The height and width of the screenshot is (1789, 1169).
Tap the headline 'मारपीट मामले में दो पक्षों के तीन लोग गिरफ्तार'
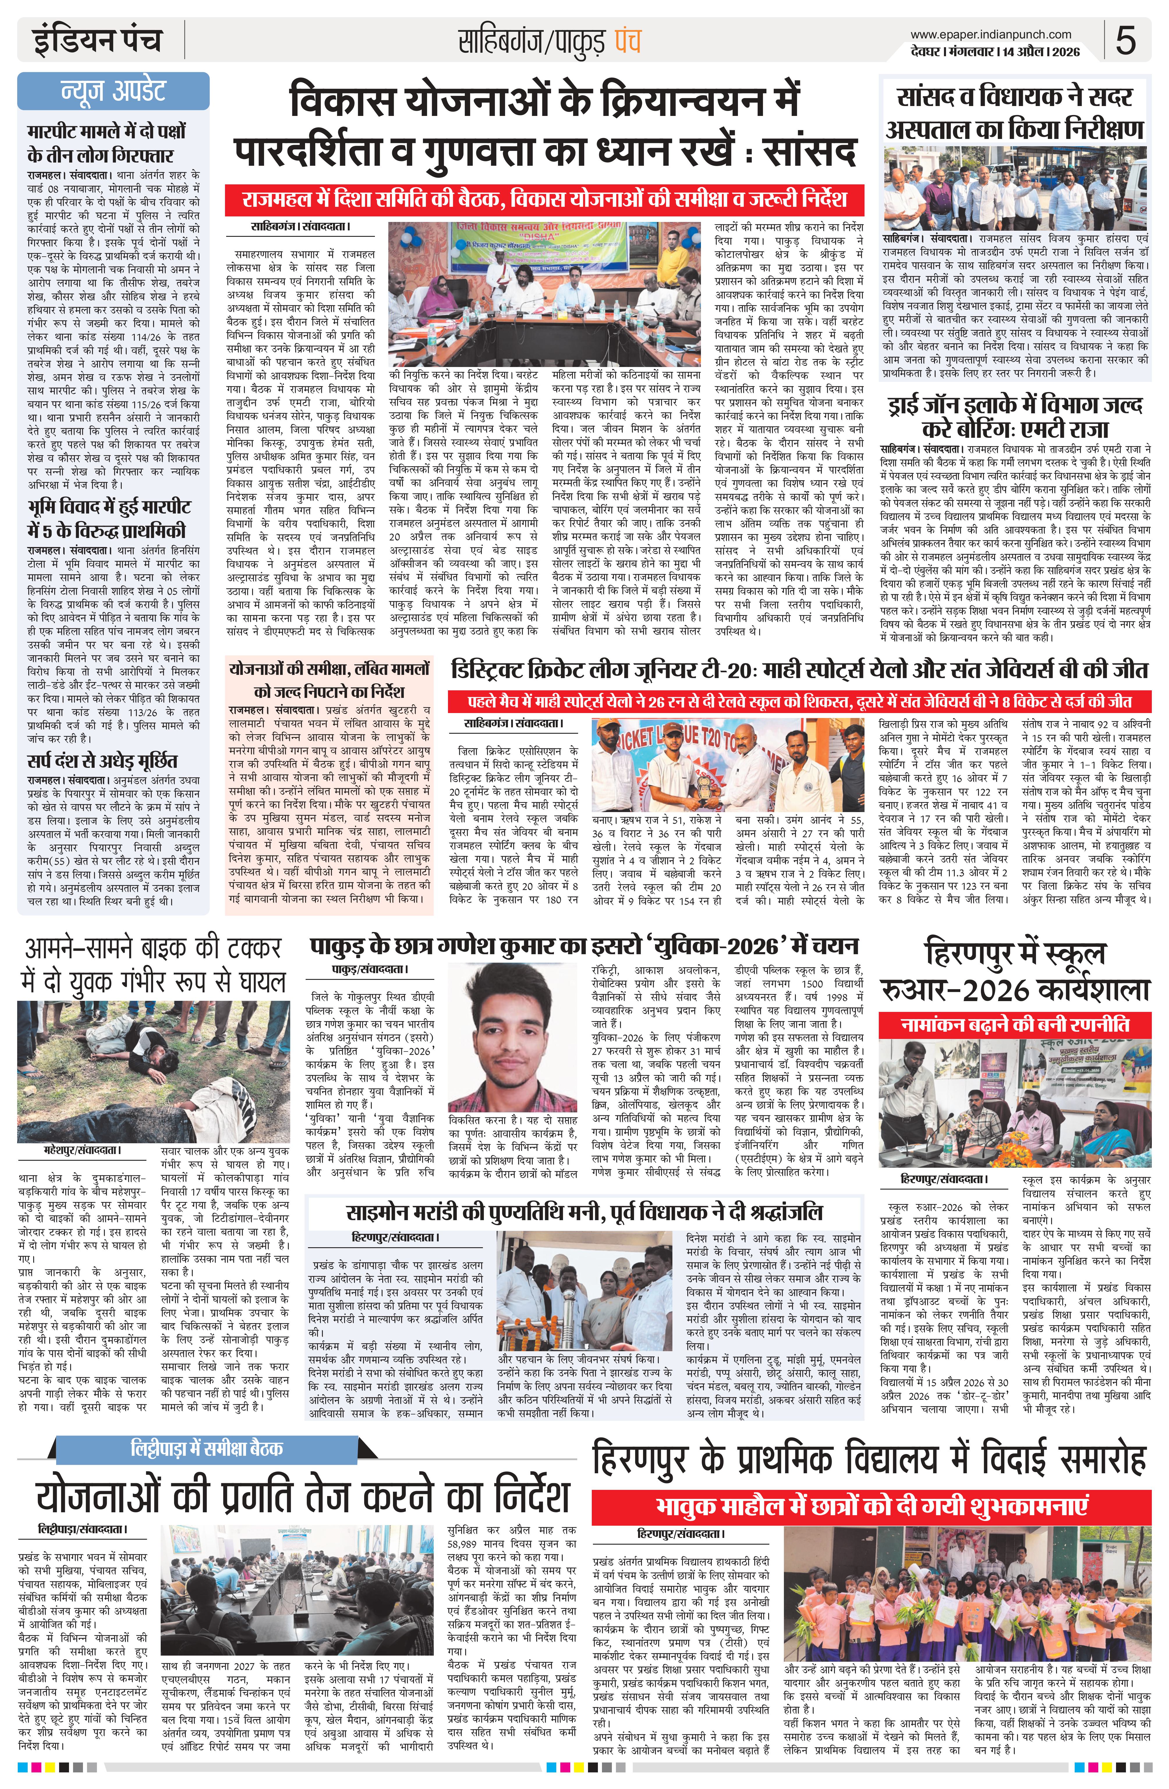click(107, 144)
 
